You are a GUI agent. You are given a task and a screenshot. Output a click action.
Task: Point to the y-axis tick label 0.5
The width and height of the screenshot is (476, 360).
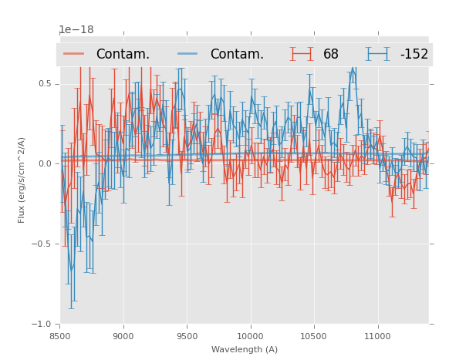pos(45,83)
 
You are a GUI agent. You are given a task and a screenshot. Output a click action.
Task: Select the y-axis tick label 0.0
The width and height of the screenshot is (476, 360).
pos(45,163)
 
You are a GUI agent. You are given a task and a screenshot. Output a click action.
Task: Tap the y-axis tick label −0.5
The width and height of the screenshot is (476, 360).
pos(42,244)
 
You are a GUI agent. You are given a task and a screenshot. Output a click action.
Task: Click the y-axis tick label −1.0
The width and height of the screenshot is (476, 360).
pos(42,325)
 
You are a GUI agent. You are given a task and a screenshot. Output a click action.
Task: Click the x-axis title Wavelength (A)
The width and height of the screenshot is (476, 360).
pos(245,349)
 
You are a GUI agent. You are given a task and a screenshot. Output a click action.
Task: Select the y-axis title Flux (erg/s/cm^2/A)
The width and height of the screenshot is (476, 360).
pos(22,180)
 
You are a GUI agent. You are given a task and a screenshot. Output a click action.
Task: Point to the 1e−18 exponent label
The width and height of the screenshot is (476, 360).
pos(76,30)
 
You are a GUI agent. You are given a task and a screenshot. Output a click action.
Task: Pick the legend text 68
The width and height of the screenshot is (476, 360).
pos(331,55)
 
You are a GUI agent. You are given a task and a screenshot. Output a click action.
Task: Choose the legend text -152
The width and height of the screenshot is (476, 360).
pos(414,55)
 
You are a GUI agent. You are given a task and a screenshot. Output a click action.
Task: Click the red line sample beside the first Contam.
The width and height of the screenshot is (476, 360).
pos(74,54)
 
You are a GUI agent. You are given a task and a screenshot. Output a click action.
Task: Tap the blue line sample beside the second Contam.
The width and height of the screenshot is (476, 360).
pos(188,54)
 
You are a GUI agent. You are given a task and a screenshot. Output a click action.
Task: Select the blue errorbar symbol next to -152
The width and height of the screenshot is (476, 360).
pos(378,54)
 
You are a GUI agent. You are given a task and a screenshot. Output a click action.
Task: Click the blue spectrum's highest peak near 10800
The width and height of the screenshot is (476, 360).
pos(353,69)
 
